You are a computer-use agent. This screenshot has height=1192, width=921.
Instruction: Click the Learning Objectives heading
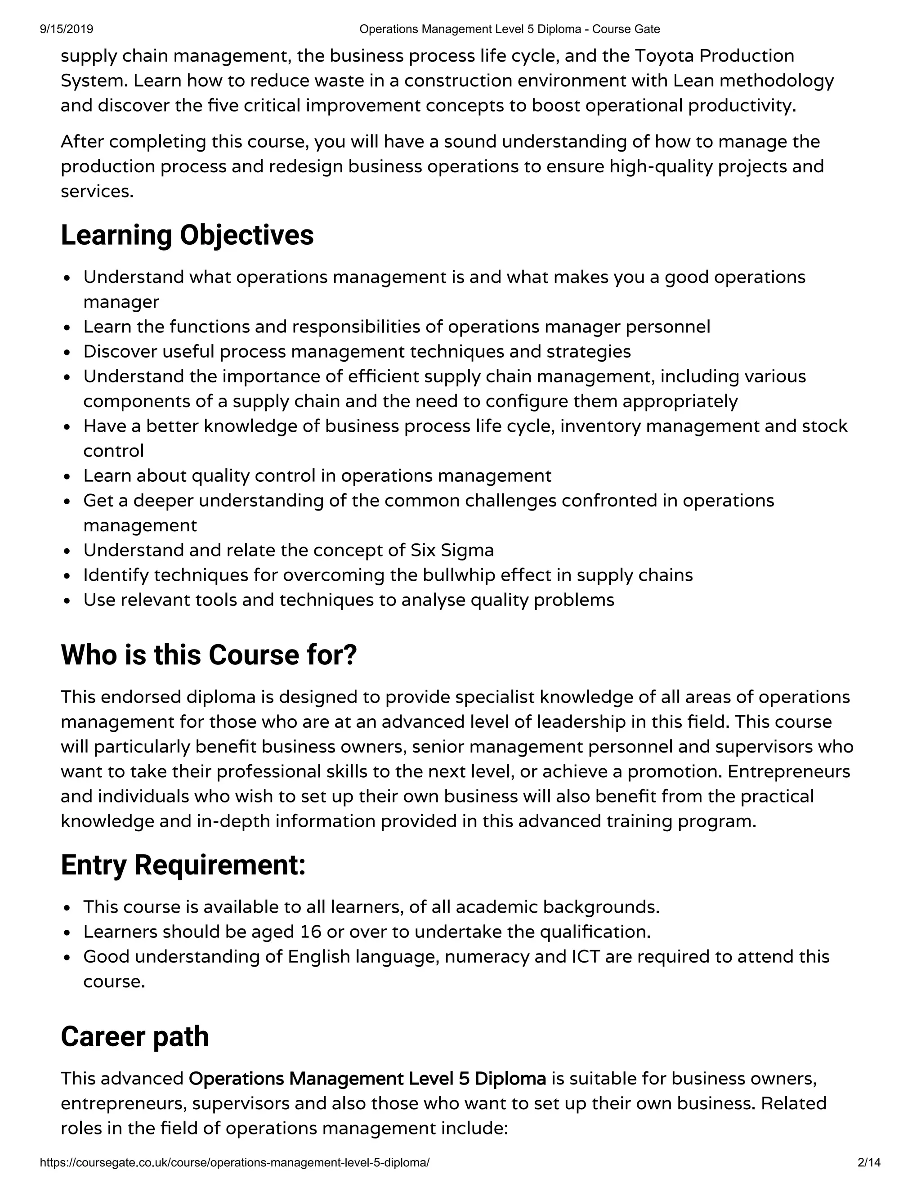(187, 235)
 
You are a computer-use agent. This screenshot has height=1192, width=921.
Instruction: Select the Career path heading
(135, 1037)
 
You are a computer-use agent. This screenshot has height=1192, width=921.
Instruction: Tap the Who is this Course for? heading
(208, 655)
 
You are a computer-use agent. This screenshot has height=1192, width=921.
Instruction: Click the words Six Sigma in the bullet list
(452, 550)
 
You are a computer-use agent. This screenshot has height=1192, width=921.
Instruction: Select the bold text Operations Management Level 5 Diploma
(367, 1079)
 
